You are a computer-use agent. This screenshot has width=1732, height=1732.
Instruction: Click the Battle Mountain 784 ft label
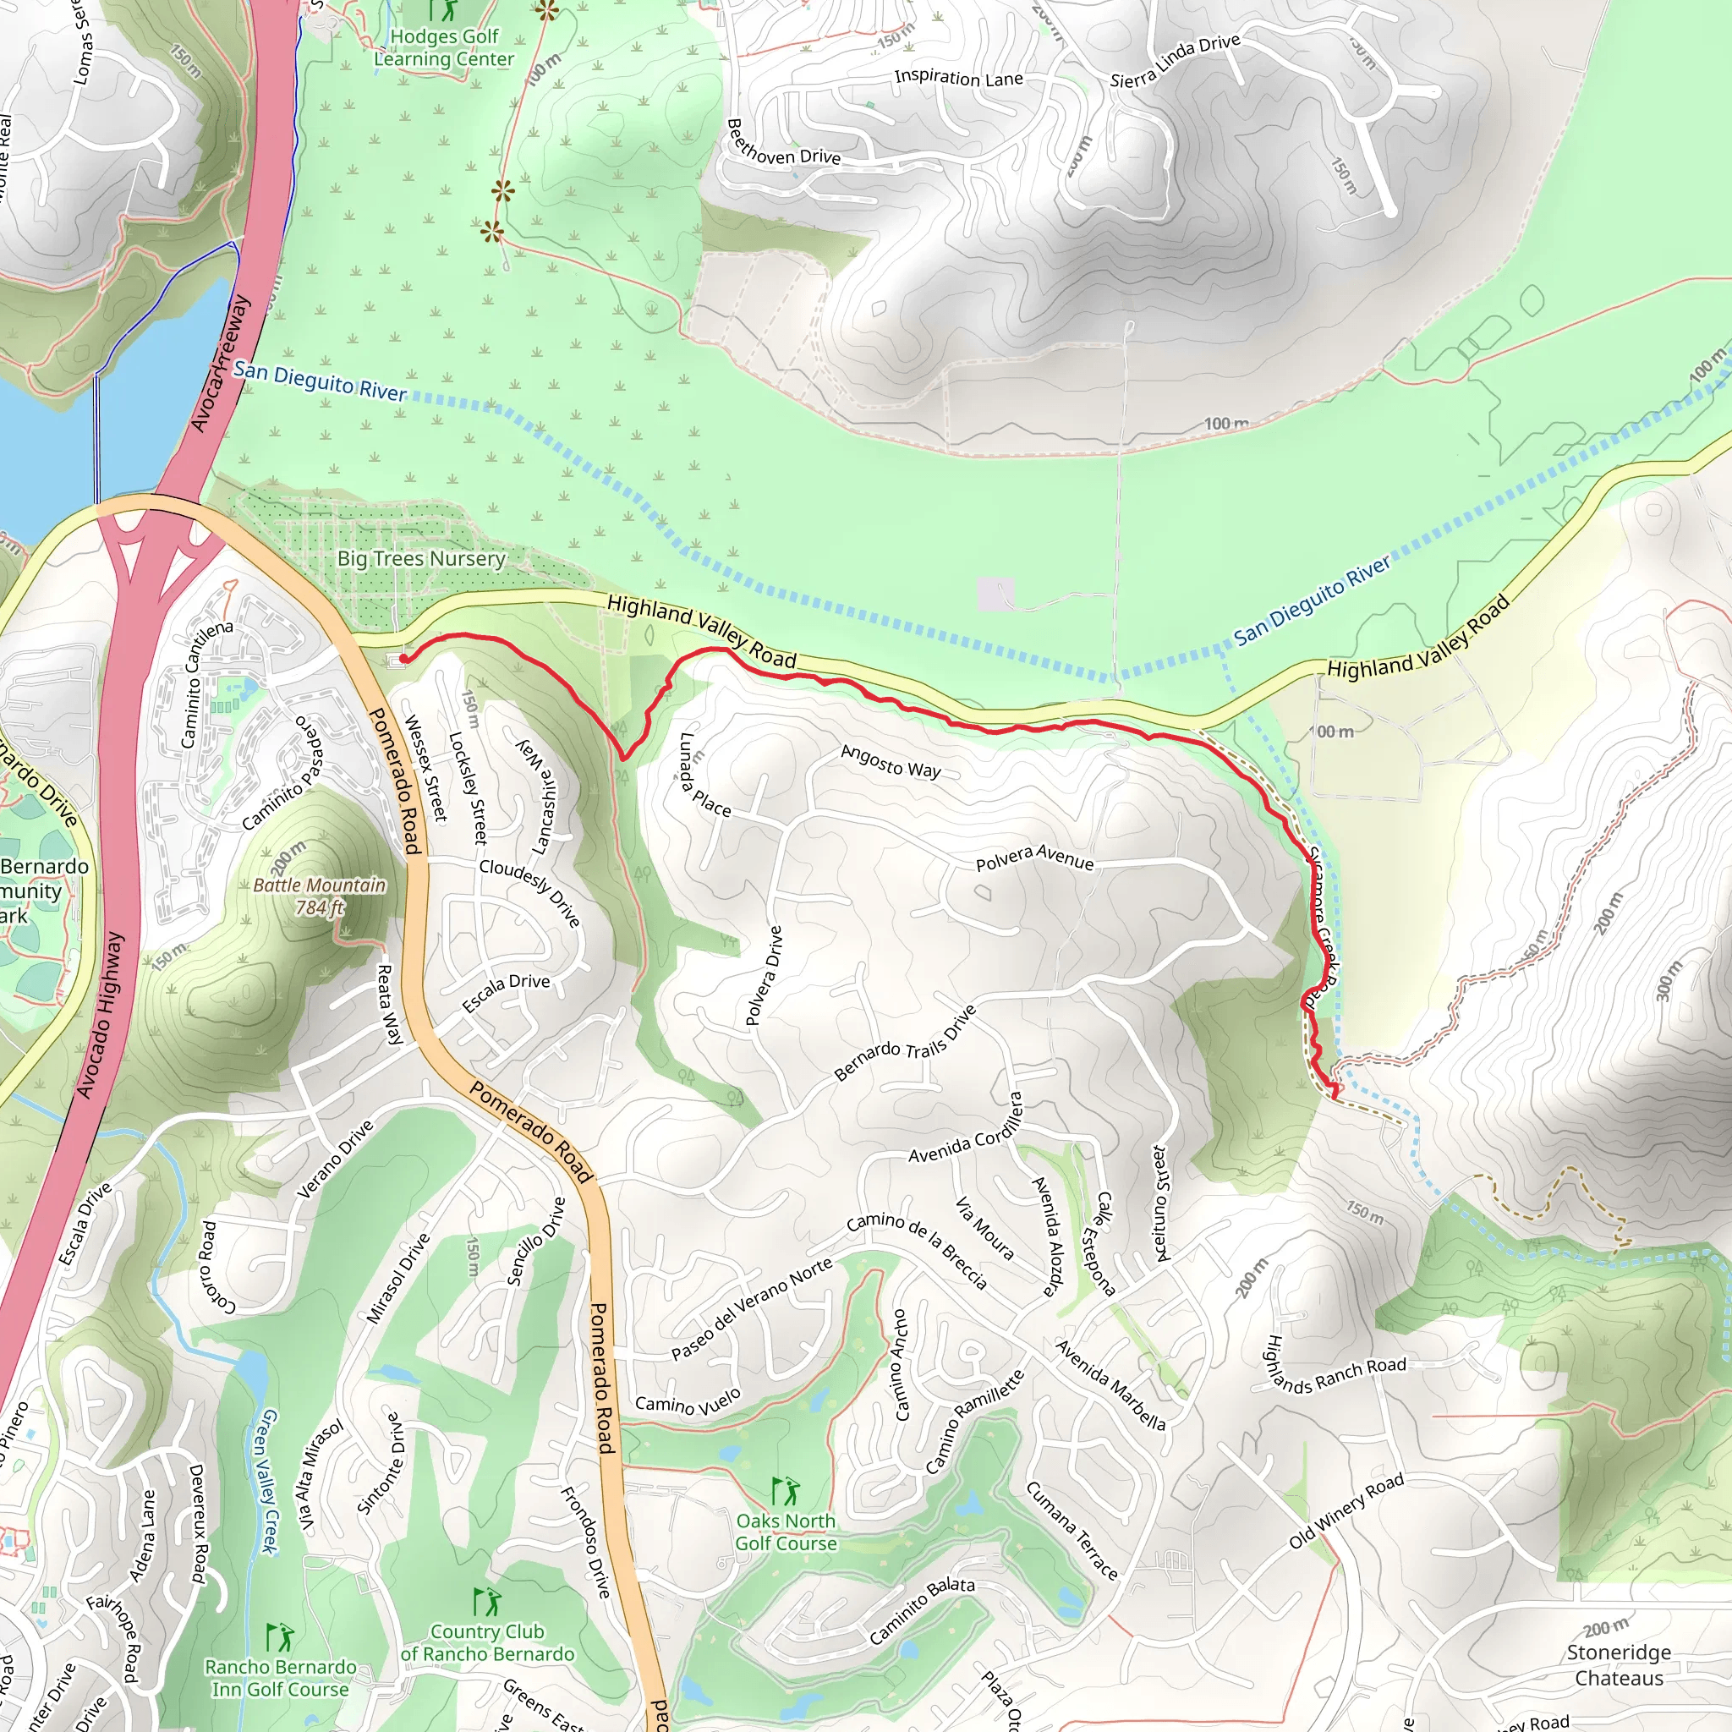point(319,896)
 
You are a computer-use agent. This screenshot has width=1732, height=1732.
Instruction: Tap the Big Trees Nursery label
point(421,558)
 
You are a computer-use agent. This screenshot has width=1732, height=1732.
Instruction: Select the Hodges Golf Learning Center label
point(444,48)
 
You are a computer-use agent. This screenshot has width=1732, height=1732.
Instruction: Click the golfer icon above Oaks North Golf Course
point(786,1492)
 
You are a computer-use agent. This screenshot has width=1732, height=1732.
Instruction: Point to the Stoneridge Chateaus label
point(1618,1664)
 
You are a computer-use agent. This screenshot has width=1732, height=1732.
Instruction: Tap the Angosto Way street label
point(891,763)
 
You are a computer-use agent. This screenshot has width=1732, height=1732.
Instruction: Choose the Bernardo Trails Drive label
point(905,1044)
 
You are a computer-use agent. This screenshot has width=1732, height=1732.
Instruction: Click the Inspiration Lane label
point(958,78)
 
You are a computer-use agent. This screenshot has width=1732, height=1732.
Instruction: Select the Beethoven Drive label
point(782,145)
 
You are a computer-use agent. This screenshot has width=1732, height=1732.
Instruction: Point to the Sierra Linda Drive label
point(1175,61)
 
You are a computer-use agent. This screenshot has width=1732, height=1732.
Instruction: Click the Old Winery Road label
point(1346,1511)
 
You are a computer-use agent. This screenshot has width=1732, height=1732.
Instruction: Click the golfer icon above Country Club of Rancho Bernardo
point(486,1601)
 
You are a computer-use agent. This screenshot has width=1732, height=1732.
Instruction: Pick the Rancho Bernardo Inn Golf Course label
point(280,1678)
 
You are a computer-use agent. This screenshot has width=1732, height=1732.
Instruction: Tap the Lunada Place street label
point(704,776)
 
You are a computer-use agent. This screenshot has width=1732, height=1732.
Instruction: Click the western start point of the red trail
point(404,659)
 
